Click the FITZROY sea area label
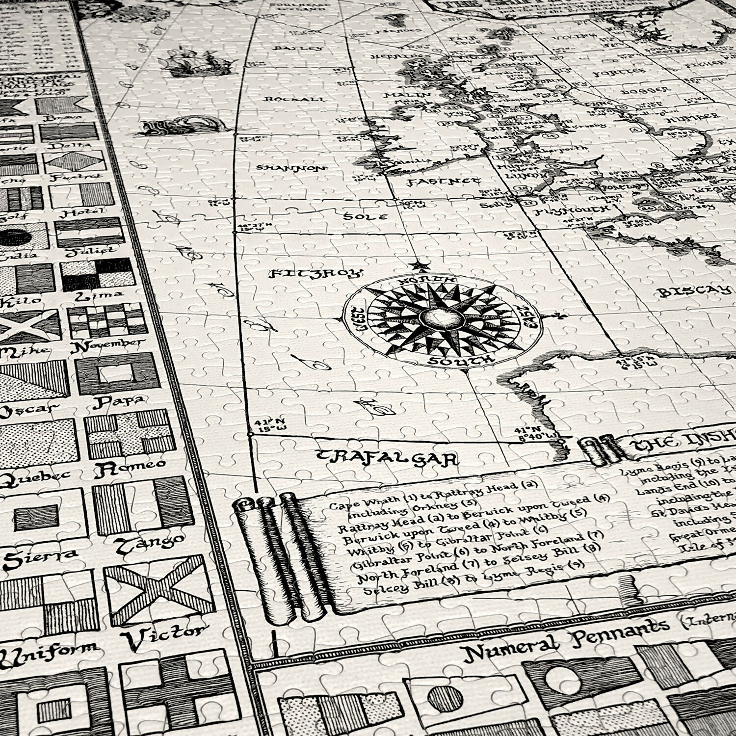316,273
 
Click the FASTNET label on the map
443,182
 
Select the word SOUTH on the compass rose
460,361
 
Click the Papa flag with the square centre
118,374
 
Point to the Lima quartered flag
98,274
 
